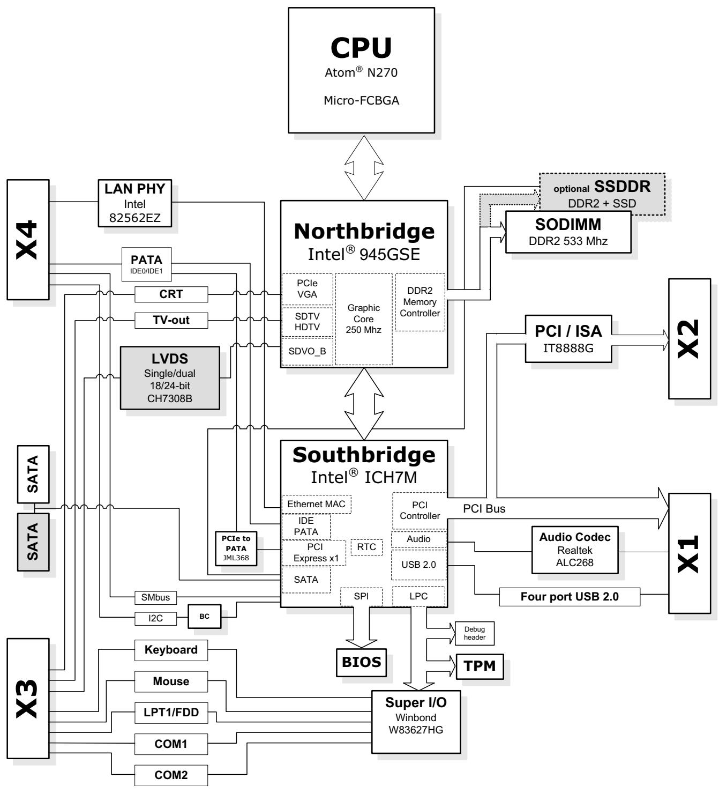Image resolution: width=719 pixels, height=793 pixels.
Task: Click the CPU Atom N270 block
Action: click(x=361, y=70)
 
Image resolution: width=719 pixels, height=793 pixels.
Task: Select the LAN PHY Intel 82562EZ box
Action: click(x=134, y=203)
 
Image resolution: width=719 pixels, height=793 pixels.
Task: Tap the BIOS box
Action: click(x=361, y=662)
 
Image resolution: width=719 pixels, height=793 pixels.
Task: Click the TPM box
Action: click(x=480, y=666)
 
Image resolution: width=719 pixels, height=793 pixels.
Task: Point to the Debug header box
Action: click(x=475, y=633)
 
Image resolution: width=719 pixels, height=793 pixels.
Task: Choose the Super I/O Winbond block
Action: click(x=416, y=722)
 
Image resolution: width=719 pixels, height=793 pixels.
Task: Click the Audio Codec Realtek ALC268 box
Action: click(x=575, y=550)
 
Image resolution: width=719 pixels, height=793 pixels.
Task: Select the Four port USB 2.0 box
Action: click(x=570, y=597)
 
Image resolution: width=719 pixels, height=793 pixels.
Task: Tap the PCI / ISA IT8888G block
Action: click(x=568, y=339)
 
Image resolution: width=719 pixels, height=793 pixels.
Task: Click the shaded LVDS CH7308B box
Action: click(x=170, y=378)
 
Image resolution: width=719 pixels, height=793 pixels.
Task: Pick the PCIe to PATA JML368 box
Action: click(x=236, y=549)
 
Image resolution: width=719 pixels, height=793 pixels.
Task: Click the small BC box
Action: click(x=204, y=616)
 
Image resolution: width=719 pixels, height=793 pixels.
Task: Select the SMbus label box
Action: click(x=155, y=597)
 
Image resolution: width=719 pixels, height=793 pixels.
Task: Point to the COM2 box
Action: click(x=171, y=775)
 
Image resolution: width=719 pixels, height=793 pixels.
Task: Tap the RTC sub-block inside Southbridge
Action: click(x=366, y=547)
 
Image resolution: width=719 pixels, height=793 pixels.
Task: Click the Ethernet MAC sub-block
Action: click(x=317, y=504)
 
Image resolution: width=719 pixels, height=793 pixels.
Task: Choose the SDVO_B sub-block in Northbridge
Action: click(x=307, y=351)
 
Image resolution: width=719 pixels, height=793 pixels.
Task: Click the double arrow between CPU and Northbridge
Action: click(x=364, y=168)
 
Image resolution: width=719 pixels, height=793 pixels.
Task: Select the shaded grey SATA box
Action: click(x=33, y=542)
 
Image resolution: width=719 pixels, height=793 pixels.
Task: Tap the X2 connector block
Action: click(x=690, y=339)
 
